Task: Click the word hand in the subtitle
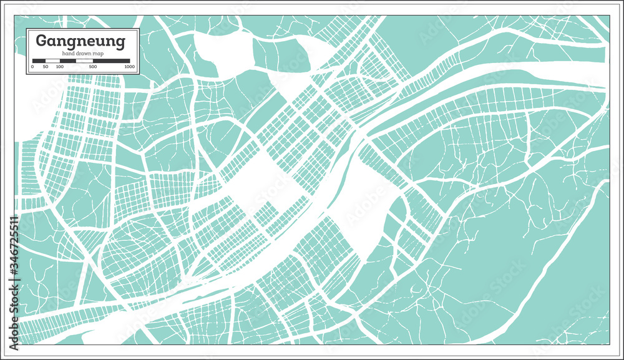pyautogui.click(x=67, y=54)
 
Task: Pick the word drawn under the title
pyautogui.click(x=82, y=54)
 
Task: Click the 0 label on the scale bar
pyautogui.click(x=32, y=67)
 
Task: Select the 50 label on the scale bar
pyautogui.click(x=46, y=67)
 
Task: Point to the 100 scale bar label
pyautogui.click(x=59, y=67)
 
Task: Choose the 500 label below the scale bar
pyautogui.click(x=93, y=67)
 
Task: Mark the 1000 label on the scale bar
pyautogui.click(x=130, y=67)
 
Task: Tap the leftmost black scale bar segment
pyautogui.click(x=39, y=61)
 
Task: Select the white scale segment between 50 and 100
pyautogui.click(x=52, y=61)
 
